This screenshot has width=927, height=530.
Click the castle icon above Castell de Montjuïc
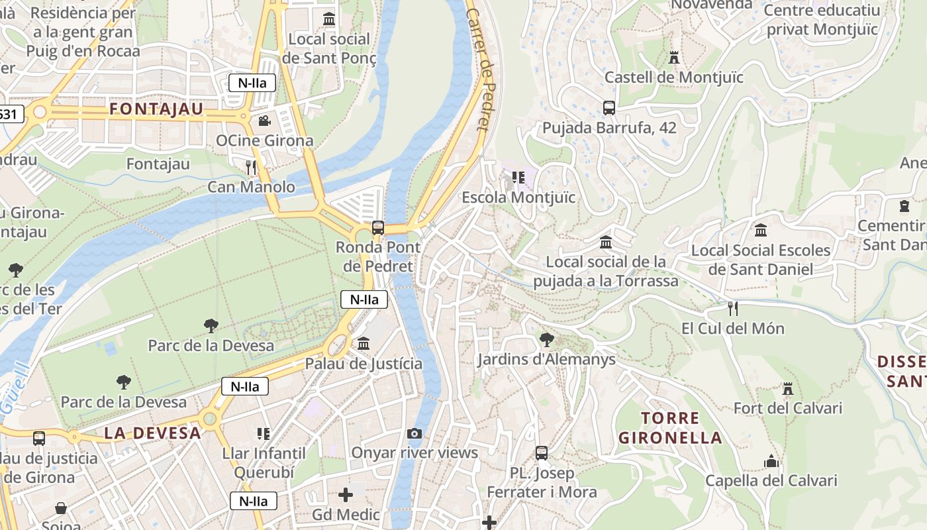pos(674,58)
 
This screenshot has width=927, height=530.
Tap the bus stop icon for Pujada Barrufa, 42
pos(609,107)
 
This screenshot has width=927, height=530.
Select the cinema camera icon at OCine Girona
pos(264,121)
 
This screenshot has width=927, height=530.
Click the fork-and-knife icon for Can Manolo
pos(251,167)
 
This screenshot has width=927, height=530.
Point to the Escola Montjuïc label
pos(518,197)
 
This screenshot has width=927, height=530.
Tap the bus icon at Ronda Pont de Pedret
pos(378,228)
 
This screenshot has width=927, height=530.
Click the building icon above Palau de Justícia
pos(364,344)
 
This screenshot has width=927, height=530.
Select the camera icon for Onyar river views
pos(415,433)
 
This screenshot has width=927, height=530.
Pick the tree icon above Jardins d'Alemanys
pos(547,340)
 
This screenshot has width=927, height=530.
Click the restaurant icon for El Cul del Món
pos(732,309)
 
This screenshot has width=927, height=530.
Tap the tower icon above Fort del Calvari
pos(787,389)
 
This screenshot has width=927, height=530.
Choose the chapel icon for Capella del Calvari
pos(771,461)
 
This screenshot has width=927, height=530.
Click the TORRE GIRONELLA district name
pos(670,428)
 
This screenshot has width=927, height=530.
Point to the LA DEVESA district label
pos(152,433)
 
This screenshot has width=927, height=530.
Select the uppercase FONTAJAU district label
pos(156,109)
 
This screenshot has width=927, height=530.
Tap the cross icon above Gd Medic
pos(346,495)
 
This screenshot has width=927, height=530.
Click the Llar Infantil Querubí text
pos(264,463)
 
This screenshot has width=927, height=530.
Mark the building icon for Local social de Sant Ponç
pos(329,19)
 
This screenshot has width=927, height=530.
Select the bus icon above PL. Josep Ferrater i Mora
pos(542,453)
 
